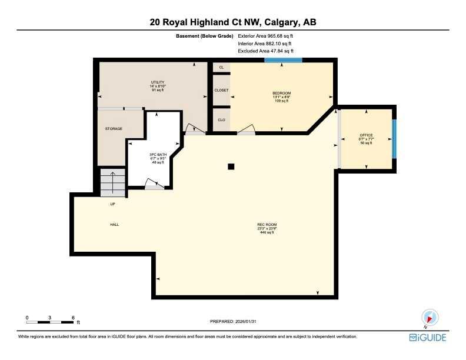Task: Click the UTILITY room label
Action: (157, 82)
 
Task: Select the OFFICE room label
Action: (366, 135)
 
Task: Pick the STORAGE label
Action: (114, 129)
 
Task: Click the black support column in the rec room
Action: (231, 166)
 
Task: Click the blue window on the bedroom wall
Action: (283, 60)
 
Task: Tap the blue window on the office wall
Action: (394, 139)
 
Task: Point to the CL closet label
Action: (221, 68)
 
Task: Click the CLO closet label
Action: (221, 120)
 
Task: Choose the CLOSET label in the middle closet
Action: (221, 91)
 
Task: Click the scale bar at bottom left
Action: (50, 321)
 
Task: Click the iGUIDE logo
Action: (428, 338)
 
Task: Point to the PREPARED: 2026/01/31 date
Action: (234, 321)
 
